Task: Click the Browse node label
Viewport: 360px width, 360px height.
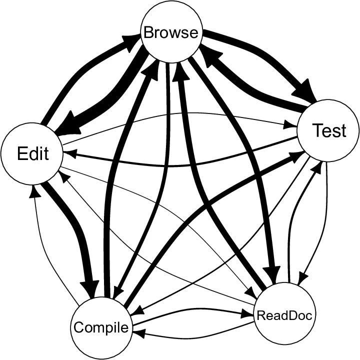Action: tap(171, 33)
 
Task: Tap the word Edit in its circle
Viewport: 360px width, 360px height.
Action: tap(33, 153)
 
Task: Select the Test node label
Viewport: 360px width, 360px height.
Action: tap(328, 130)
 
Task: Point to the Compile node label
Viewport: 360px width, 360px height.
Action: tap(101, 327)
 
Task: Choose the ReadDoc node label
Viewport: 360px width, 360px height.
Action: tap(284, 315)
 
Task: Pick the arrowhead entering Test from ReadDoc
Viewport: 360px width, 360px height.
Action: tap(314, 167)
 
